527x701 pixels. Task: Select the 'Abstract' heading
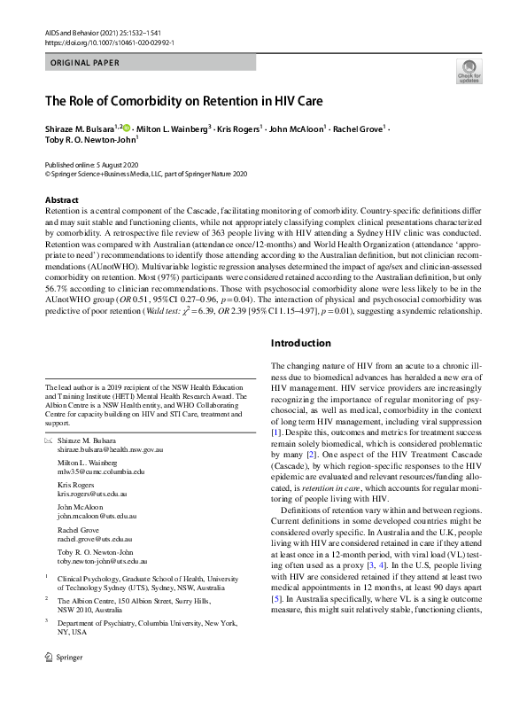click(61, 200)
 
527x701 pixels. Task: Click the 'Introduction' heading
click(300, 343)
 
